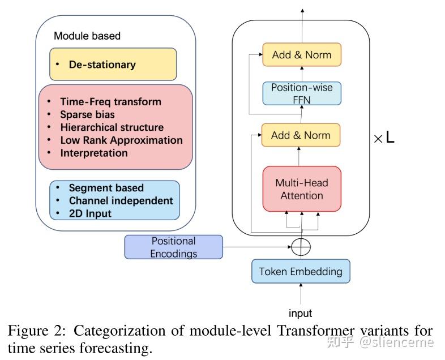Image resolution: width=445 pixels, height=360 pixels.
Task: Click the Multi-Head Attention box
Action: click(301, 189)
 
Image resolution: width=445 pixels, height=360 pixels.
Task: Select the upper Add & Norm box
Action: click(301, 55)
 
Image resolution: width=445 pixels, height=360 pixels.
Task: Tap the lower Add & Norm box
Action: click(301, 135)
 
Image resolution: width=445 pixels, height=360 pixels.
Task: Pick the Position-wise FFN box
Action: click(302, 93)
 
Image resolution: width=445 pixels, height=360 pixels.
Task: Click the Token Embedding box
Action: click(301, 271)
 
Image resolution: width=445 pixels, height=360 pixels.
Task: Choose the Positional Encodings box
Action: click(173, 247)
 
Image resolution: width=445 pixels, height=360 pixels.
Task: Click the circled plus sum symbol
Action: click(301, 247)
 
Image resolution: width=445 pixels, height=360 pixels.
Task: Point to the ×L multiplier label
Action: click(384, 138)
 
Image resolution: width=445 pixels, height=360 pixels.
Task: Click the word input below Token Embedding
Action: click(300, 313)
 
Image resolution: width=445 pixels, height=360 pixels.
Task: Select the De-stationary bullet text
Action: click(102, 65)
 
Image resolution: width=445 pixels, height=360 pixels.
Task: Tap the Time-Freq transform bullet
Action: click(110, 102)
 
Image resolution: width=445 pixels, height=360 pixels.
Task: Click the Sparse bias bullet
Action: click(87, 115)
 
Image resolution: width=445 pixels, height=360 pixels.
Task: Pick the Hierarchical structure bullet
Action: click(112, 127)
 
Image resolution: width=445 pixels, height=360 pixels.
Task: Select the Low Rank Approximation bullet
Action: click(121, 140)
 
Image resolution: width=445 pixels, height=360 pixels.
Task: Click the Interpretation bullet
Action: click(93, 153)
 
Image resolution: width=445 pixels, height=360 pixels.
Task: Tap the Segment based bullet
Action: click(106, 188)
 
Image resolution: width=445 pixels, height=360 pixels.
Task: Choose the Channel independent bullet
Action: click(121, 200)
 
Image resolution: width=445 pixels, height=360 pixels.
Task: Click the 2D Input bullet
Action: click(90, 213)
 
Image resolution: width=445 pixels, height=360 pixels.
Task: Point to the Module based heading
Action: click(87, 36)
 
